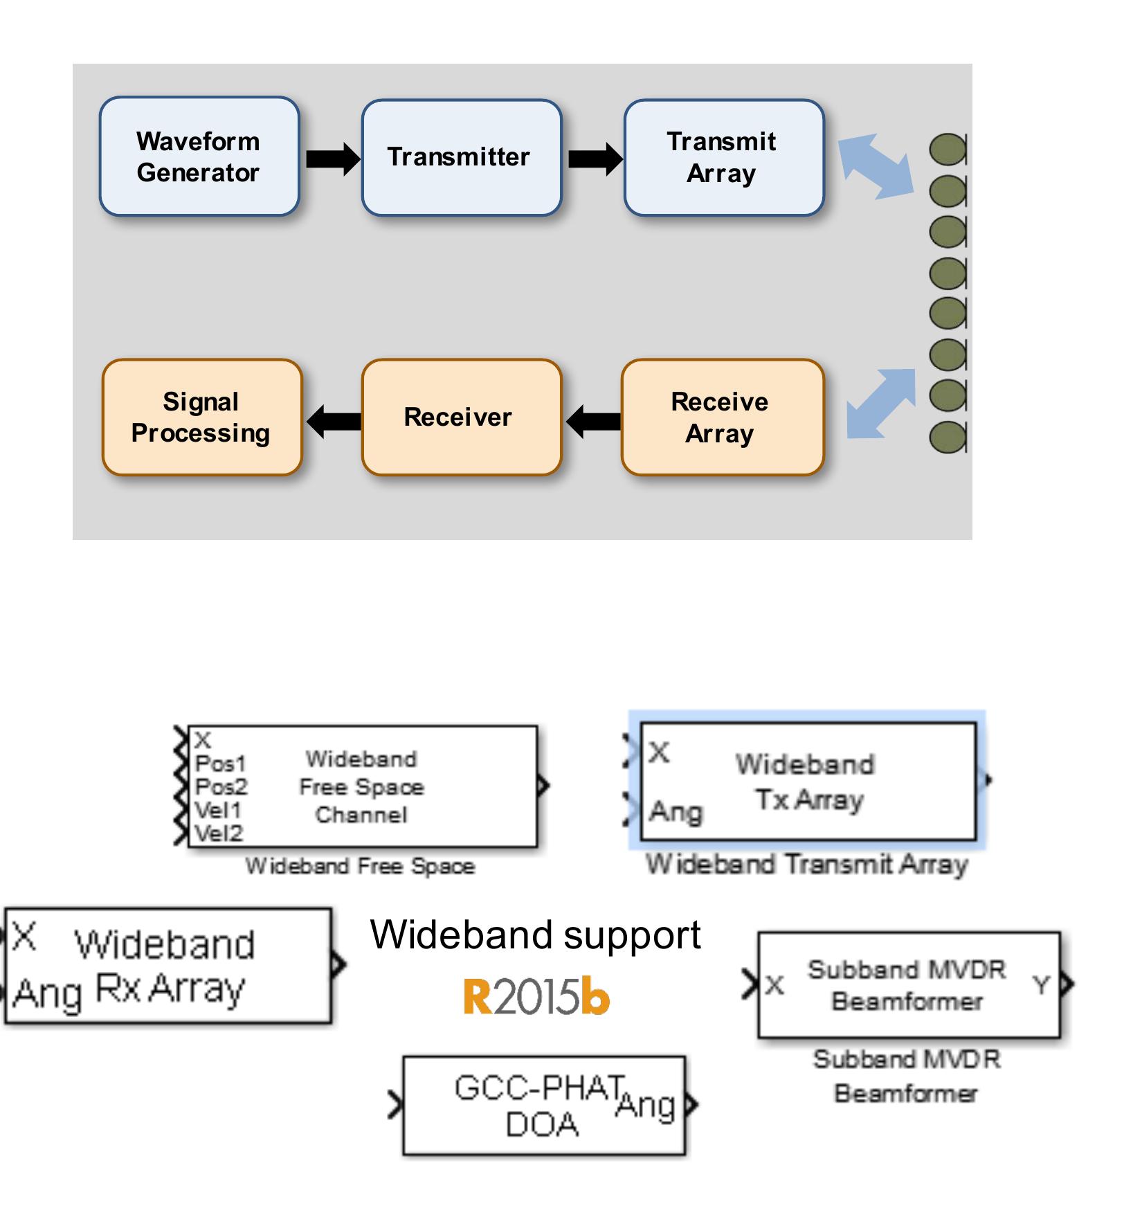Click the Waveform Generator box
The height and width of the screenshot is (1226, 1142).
tap(199, 156)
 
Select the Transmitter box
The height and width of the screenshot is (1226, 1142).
tap(461, 157)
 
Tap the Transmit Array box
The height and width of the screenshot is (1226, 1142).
tap(723, 157)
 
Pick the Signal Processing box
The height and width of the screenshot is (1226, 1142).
tap(201, 417)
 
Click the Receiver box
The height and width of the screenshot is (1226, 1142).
tap(461, 417)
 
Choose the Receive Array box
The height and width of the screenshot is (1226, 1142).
tap(722, 417)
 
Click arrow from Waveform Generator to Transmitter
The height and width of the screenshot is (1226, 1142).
tap(332, 159)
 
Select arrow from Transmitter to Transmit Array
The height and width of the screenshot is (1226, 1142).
tap(595, 159)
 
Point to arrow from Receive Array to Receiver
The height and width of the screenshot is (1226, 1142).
tap(594, 421)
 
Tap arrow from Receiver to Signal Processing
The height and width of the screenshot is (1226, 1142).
tap(334, 421)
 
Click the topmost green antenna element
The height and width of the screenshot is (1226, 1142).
tap(948, 150)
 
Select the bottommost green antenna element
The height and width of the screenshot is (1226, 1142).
tap(948, 438)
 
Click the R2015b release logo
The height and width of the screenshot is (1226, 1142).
tap(536, 997)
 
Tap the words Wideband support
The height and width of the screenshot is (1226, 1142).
tap(535, 935)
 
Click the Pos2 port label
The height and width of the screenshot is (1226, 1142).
tap(221, 787)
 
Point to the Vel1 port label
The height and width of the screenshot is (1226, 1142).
tap(218, 810)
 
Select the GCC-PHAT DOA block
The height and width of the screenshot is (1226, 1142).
tap(544, 1105)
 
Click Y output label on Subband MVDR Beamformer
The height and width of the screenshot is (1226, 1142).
tap(1042, 984)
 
